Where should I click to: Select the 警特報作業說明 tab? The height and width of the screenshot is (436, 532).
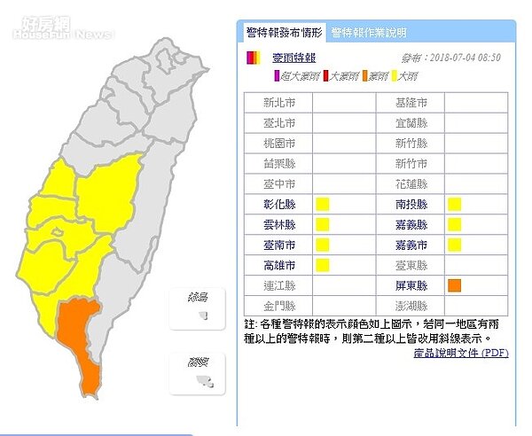click(369, 33)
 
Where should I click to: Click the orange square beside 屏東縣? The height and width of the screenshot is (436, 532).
click(455, 285)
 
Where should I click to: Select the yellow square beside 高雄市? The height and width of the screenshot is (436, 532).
click(323, 265)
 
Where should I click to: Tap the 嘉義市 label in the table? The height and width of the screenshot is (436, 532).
click(411, 245)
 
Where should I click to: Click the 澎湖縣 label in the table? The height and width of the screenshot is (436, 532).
click(411, 306)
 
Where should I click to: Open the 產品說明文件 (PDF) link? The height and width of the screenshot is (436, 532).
click(461, 352)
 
